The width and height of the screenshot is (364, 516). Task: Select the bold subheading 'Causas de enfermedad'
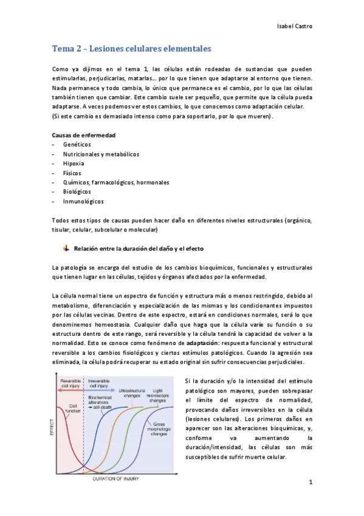pyautogui.click(x=84, y=134)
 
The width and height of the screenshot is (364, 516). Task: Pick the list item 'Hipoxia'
pyautogui.click(x=74, y=163)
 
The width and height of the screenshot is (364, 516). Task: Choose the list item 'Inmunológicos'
pyautogui.click(x=83, y=201)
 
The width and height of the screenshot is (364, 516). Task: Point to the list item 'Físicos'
pyautogui.click(x=73, y=173)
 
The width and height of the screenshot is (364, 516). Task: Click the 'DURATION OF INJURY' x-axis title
pyautogui.click(x=115, y=479)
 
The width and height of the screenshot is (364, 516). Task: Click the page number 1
pyautogui.click(x=310, y=483)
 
